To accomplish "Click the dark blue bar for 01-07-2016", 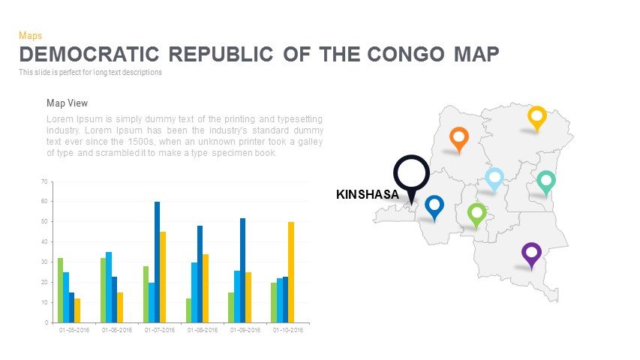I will pos(158,262).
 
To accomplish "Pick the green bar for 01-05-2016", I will pos(60,289).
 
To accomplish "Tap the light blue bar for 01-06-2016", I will pos(109,286).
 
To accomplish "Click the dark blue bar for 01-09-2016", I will pos(242,270).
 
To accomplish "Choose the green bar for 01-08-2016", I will pos(189,310).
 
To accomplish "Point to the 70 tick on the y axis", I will pos(44,181).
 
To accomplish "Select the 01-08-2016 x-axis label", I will pos(203,330).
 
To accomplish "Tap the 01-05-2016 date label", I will pos(74,330).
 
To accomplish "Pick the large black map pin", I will pos(411,175).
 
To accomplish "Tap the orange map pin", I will pos(458,138).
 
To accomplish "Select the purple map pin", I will pos(531,253).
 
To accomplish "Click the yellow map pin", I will pos(536,117).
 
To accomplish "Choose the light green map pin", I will pos(476,213).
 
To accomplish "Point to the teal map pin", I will pos(545,181).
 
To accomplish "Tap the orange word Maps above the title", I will pos(30,35).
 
